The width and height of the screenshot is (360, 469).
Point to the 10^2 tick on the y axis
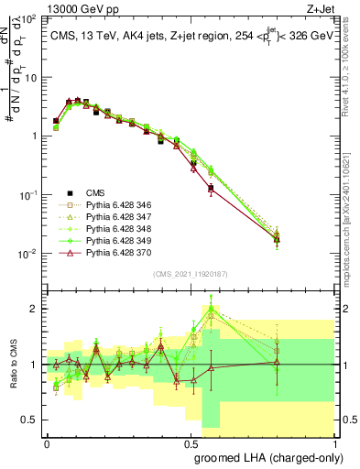coord(30,19)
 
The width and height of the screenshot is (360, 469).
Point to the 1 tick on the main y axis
coord(37,136)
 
